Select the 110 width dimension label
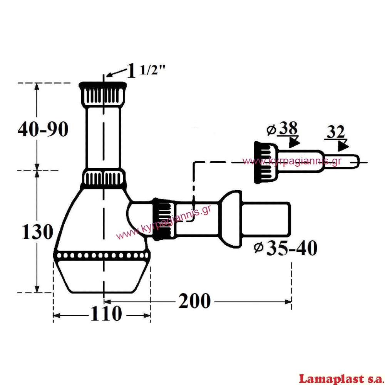(x=106, y=313)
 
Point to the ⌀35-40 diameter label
(x=285, y=248)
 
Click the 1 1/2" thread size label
(x=146, y=70)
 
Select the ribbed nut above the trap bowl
(x=103, y=178)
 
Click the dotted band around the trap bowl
(x=102, y=255)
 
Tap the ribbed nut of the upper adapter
(x=266, y=162)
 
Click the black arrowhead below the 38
(x=294, y=142)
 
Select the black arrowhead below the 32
(x=343, y=146)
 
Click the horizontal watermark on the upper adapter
(x=292, y=161)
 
